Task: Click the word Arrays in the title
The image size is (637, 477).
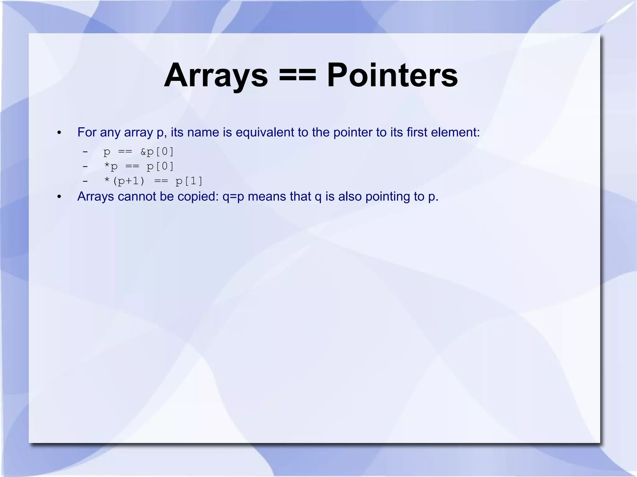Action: point(216,76)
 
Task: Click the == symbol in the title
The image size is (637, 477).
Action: point(297,76)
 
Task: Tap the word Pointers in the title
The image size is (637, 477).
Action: point(392,76)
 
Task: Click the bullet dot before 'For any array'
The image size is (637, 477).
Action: point(59,133)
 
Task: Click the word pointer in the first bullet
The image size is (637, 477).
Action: point(353,132)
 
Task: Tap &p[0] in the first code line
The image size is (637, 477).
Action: point(157,152)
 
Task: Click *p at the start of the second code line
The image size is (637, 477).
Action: point(111,167)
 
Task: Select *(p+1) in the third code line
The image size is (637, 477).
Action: point(124,181)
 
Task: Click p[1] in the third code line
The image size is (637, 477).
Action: point(189,181)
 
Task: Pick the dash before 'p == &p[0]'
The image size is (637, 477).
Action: point(85,152)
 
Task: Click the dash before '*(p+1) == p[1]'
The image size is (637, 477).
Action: point(85,181)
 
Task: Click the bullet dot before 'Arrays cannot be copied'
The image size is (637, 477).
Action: point(59,197)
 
